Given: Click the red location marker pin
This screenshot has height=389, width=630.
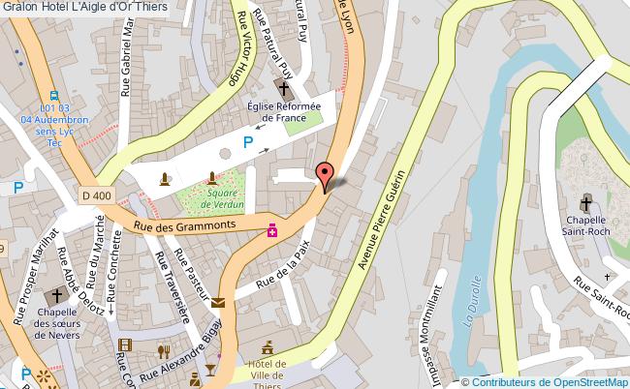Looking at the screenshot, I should (x=327, y=174).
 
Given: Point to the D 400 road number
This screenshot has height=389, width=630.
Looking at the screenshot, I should (x=97, y=196).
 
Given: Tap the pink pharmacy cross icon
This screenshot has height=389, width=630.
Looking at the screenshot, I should (x=274, y=230).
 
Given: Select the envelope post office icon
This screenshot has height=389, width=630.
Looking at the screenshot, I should (x=218, y=303).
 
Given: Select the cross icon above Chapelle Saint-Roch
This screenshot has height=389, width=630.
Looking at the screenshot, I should (x=585, y=204).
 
